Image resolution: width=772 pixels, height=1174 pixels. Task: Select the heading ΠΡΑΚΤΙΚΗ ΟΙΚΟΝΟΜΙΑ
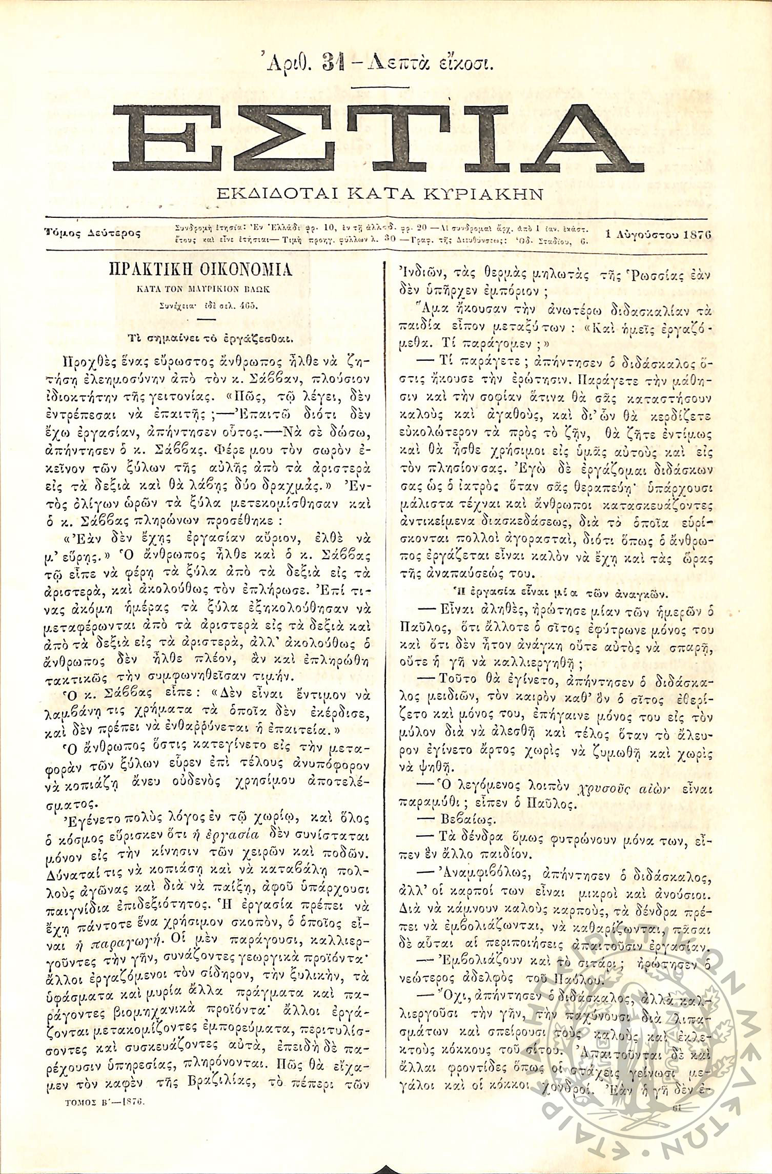(201, 270)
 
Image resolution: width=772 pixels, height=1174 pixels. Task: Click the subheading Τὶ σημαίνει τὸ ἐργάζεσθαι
(201, 338)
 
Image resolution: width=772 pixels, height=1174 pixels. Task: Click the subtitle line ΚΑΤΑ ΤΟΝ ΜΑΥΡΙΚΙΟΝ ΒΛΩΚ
(201, 289)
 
